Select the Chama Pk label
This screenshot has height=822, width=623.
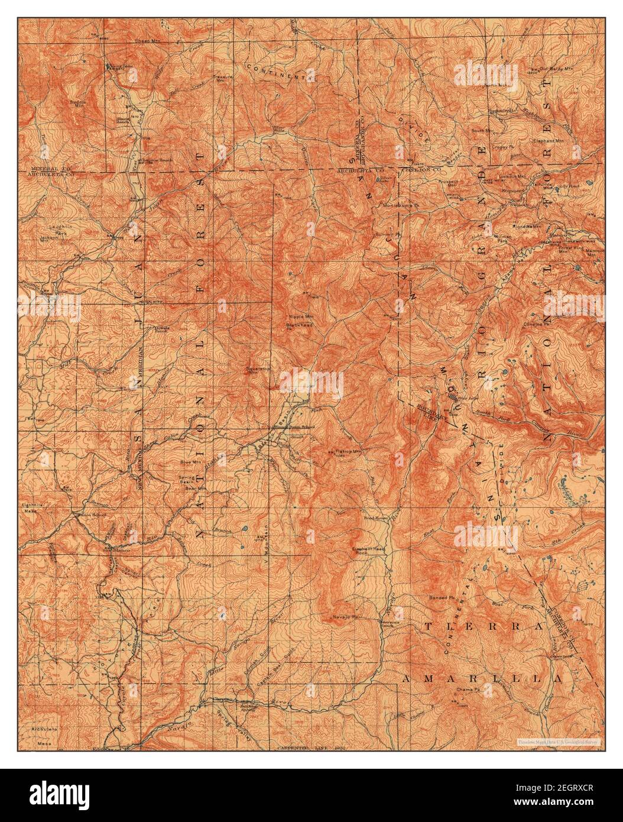466,690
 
